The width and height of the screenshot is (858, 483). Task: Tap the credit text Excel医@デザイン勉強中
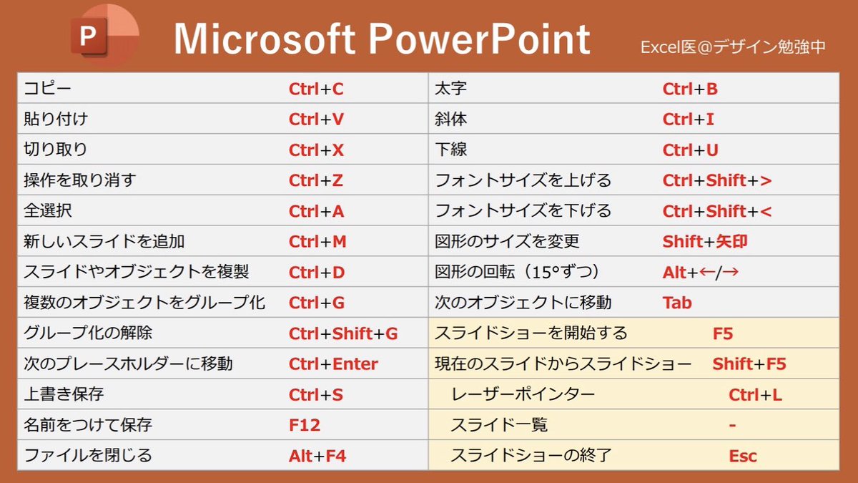pyautogui.click(x=733, y=47)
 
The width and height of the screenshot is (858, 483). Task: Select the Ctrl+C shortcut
pyautogui.click(x=316, y=89)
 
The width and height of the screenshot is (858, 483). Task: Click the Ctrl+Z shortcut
pyautogui.click(x=316, y=181)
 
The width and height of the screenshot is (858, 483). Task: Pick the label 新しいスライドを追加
pyautogui.click(x=104, y=242)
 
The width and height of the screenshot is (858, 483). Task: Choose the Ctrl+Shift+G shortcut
pyautogui.click(x=343, y=333)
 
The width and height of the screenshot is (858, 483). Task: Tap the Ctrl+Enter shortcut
pyautogui.click(x=333, y=364)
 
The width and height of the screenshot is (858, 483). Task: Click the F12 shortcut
pyautogui.click(x=305, y=426)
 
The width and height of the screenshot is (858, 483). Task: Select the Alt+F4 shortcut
pyautogui.click(x=317, y=456)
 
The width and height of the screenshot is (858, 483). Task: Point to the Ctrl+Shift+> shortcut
pyautogui.click(x=717, y=181)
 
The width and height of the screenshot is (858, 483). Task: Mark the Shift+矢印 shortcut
pyautogui.click(x=705, y=242)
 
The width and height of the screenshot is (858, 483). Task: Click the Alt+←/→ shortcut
pyautogui.click(x=701, y=273)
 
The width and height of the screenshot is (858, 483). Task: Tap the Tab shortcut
pyautogui.click(x=677, y=303)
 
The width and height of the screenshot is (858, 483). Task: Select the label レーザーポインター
pyautogui.click(x=523, y=395)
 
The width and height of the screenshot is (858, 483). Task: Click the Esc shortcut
pyautogui.click(x=743, y=456)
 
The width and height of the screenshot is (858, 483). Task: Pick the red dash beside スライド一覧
pyautogui.click(x=733, y=426)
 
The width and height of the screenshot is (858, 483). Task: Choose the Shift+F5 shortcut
pyautogui.click(x=749, y=364)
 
